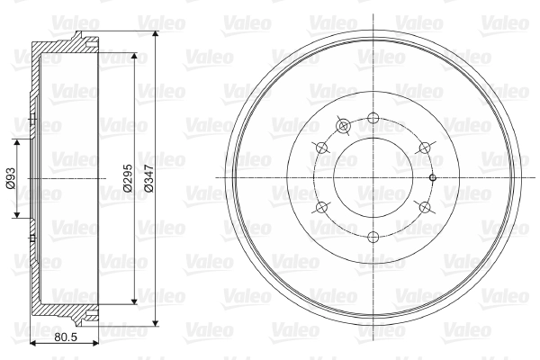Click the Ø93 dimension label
[11, 178]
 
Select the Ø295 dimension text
[128, 178]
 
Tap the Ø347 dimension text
[149, 178]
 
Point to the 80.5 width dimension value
[66, 337]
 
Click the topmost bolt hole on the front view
[373, 118]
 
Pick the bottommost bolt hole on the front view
[373, 237]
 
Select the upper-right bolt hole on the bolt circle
[425, 148]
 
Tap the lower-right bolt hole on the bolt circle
[425, 207]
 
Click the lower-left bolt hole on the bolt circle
[321, 207]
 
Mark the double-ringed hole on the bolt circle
[343, 126]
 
